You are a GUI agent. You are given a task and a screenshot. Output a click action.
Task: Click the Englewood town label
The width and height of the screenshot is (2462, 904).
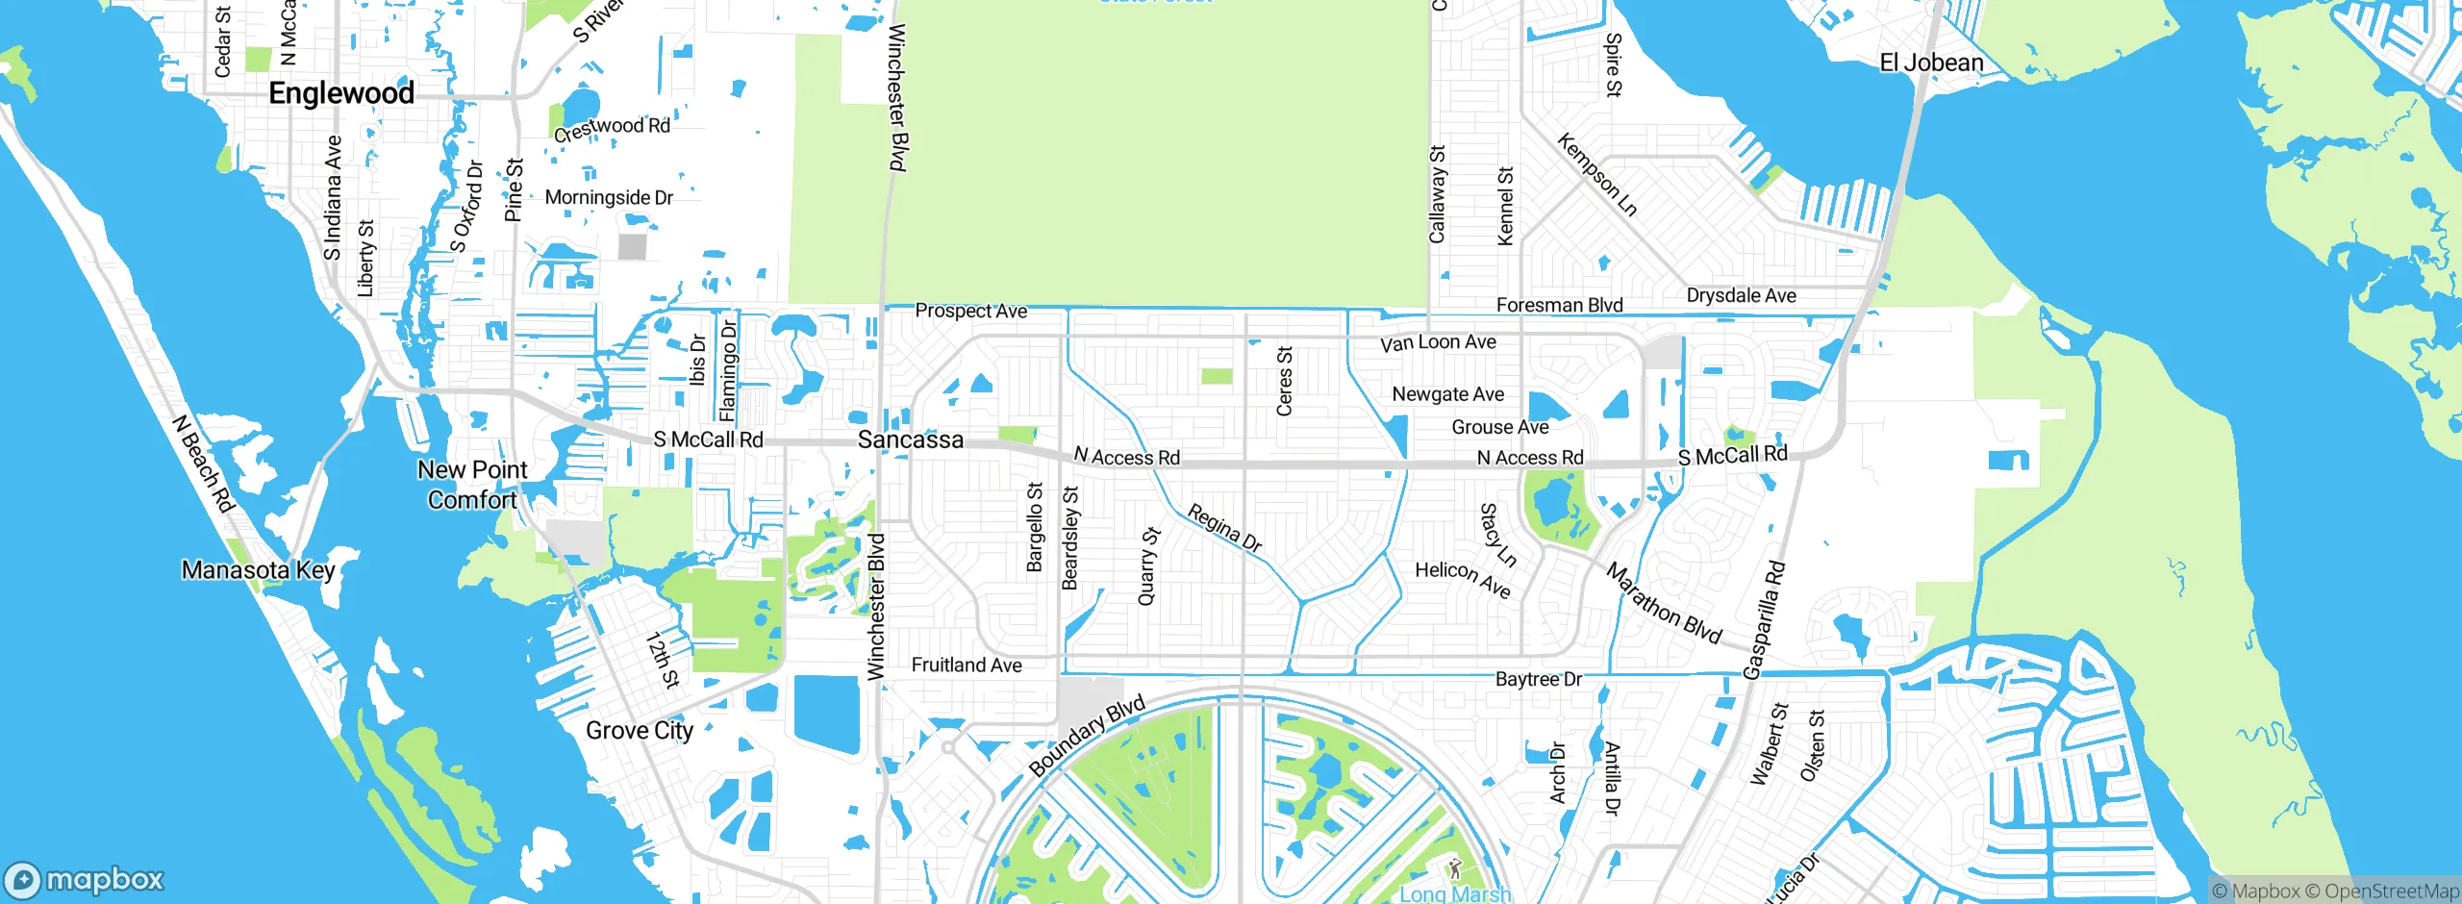point(341,93)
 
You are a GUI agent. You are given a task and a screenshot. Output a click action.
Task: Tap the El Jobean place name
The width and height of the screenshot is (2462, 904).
point(1931,63)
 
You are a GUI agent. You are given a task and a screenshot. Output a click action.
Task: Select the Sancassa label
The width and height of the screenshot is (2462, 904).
point(910,440)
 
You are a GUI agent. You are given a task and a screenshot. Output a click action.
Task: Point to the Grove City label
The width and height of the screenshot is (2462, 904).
point(640,731)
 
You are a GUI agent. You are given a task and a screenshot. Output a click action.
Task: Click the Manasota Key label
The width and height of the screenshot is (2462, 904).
point(258,570)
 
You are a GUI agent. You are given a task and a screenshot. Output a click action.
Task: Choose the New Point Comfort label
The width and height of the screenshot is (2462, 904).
point(472,485)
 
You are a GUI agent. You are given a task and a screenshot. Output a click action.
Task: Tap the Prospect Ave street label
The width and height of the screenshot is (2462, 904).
point(970,312)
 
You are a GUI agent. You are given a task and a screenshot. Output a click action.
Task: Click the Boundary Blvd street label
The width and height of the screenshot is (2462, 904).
point(1087,736)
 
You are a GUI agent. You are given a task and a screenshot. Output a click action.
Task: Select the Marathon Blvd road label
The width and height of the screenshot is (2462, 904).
point(1664,604)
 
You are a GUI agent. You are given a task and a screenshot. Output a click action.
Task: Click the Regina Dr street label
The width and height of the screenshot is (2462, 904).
point(1224,528)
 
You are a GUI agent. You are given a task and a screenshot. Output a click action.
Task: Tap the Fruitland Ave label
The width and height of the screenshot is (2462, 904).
point(967,665)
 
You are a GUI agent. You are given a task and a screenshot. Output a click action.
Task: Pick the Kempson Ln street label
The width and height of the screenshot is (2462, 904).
point(1596,175)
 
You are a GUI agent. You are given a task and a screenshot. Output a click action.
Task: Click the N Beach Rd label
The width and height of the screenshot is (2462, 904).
point(203,464)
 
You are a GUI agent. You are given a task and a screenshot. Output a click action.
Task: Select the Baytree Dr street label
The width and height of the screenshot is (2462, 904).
point(1538,680)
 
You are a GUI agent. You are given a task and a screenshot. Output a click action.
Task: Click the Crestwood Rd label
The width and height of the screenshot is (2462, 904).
point(612,128)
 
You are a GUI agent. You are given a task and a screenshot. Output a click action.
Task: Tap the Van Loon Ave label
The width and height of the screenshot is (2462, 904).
point(1438,343)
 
